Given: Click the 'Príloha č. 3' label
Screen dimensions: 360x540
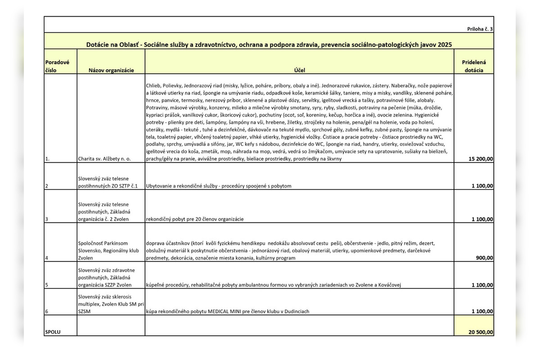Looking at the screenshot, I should (x=480, y=29).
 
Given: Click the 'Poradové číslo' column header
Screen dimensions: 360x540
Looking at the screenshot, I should (x=57, y=66).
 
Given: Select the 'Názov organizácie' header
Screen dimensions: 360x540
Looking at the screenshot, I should (x=111, y=70).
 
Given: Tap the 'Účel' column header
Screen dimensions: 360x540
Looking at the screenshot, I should (x=299, y=70).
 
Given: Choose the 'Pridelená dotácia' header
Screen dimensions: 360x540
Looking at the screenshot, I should (x=474, y=66).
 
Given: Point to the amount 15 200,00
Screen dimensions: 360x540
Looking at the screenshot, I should (x=481, y=159).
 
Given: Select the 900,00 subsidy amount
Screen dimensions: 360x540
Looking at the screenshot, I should (x=484, y=258).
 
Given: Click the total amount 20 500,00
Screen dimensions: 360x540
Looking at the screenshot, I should (x=481, y=333).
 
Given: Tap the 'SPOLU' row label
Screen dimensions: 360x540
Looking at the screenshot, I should (x=53, y=333).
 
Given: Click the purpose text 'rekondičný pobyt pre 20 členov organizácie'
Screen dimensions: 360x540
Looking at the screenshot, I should (x=194, y=219).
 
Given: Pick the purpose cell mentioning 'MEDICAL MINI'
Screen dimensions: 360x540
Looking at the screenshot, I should (x=227, y=311).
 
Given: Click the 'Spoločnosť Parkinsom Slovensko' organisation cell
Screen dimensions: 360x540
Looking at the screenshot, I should (x=108, y=251).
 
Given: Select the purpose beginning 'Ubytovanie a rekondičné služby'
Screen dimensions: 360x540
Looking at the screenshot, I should (x=219, y=186).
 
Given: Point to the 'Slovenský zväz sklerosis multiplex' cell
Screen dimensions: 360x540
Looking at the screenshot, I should (x=111, y=304).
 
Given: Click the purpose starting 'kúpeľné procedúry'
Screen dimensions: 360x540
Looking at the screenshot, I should (x=273, y=285).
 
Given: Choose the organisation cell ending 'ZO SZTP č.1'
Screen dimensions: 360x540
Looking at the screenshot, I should (x=108, y=182).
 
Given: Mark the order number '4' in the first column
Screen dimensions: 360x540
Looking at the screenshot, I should (x=47, y=258).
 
